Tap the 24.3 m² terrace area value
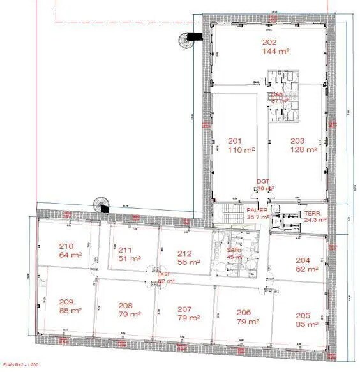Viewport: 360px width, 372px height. (315, 220)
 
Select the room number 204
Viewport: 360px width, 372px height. (303, 260)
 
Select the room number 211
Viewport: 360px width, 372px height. (125, 249)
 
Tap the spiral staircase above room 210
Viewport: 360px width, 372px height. (101, 204)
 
